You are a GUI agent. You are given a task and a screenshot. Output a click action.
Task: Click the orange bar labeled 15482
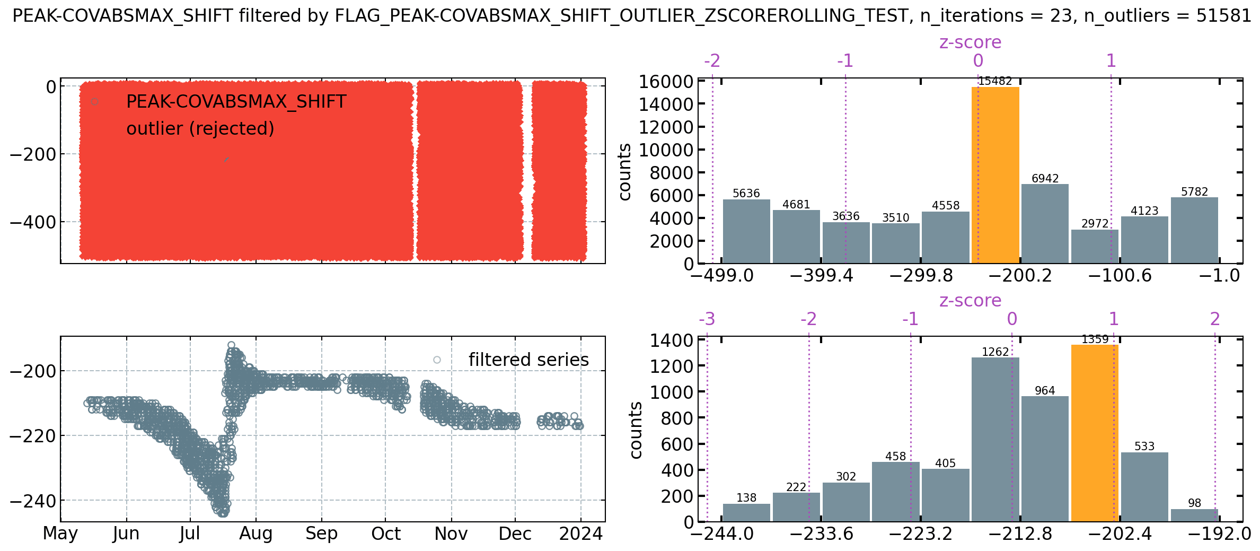tap(995, 175)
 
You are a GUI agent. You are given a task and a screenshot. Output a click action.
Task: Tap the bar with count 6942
tap(1045, 224)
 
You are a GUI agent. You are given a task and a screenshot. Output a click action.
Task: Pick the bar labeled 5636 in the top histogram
tap(746, 231)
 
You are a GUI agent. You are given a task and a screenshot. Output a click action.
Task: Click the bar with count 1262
tap(995, 440)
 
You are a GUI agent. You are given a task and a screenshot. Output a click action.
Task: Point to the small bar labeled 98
tap(1194, 515)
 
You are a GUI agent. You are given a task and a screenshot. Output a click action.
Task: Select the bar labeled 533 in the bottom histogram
tap(1144, 487)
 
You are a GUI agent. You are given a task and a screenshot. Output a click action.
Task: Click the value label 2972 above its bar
tap(1095, 224)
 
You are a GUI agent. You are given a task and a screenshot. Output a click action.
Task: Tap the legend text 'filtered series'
tap(528, 360)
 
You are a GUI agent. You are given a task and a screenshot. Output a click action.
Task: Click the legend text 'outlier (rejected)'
tap(200, 129)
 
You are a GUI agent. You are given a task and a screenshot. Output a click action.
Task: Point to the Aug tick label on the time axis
tap(255, 534)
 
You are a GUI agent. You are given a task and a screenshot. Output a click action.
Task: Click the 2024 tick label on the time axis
tap(580, 534)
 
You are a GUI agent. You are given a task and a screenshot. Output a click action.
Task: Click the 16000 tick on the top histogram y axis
tap(666, 82)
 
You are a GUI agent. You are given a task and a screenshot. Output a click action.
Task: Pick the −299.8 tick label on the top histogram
tap(921, 276)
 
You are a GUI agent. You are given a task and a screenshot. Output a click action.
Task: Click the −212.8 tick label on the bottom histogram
tap(1020, 534)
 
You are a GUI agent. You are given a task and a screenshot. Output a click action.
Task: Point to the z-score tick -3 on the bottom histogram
tap(707, 319)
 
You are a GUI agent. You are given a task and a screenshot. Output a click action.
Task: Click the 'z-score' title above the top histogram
tap(970, 42)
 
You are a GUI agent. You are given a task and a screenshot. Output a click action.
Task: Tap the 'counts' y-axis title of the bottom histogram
tap(636, 430)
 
